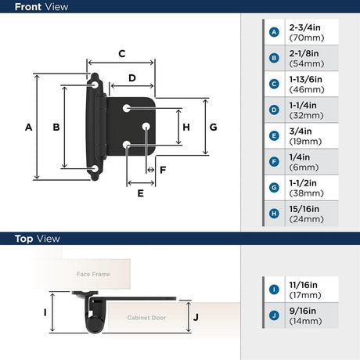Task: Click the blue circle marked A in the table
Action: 274,32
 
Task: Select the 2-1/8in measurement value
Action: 304,53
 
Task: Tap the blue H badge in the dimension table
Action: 274,214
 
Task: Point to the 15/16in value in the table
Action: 304,209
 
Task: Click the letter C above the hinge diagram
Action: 122,54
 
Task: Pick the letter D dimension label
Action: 132,78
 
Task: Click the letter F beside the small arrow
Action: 163,170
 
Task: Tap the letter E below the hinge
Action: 140,193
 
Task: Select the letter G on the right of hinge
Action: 214,128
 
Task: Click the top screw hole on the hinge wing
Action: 95,85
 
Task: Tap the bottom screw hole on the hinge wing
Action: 95,169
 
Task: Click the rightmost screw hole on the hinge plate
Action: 146,127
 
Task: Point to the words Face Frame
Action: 93,274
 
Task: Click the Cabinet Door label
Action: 146,318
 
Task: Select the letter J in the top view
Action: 196,317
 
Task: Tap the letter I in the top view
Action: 45,312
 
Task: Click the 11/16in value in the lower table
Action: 304,285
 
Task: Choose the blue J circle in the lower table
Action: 274,315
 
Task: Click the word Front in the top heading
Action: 29,7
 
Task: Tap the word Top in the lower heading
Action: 24,239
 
